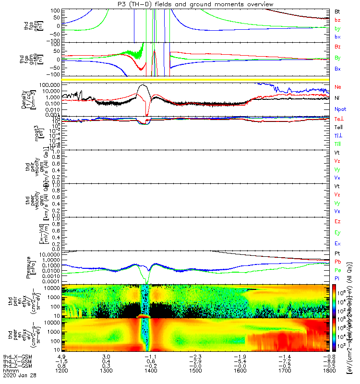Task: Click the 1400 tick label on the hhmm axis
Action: click(x=151, y=371)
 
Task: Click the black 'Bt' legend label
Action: click(x=337, y=11)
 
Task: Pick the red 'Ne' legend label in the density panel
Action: click(x=338, y=87)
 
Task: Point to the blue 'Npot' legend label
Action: click(x=340, y=109)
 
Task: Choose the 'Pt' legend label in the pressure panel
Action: click(x=337, y=253)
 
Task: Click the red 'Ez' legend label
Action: click(x=337, y=222)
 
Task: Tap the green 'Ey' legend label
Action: click(x=337, y=233)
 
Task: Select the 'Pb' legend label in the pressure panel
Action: click(x=338, y=262)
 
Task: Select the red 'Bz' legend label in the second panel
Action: click(x=338, y=47)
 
